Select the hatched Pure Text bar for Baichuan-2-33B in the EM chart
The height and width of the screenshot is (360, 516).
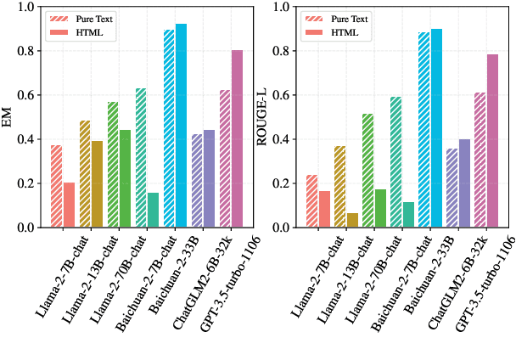click(x=168, y=128)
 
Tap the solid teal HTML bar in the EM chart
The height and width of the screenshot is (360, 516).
click(x=153, y=210)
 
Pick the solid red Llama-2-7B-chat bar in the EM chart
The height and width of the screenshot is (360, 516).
click(x=69, y=205)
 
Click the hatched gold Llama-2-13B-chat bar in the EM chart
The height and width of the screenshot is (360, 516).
click(x=84, y=174)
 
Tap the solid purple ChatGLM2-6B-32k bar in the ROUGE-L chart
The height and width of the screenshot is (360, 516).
click(x=464, y=183)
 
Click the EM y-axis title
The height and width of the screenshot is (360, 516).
click(x=8, y=117)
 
